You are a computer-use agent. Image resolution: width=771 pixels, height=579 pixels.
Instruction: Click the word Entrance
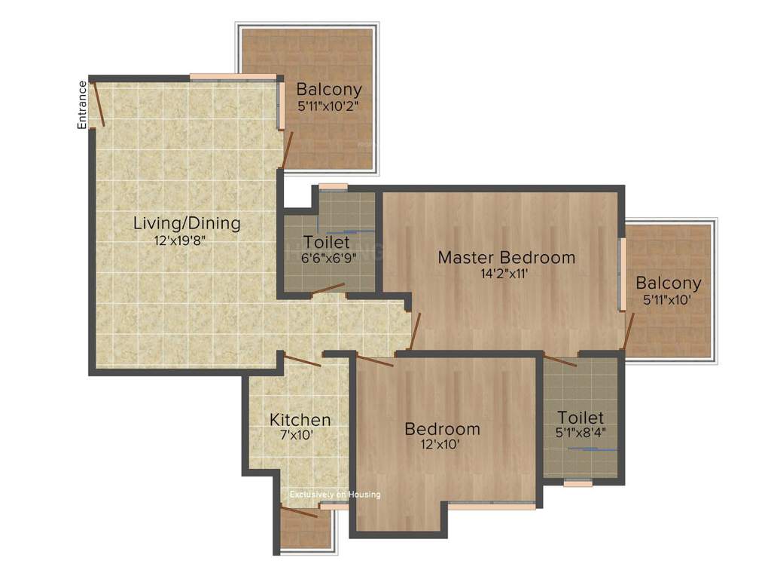[82, 104]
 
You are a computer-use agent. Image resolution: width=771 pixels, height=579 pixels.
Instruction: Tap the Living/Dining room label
[187, 223]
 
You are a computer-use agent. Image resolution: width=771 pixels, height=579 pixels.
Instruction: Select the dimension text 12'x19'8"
[179, 240]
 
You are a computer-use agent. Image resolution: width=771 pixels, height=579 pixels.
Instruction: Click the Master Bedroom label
[506, 257]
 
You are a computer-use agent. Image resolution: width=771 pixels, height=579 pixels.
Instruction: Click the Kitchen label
[300, 419]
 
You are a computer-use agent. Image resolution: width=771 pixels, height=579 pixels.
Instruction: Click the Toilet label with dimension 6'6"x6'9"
[326, 242]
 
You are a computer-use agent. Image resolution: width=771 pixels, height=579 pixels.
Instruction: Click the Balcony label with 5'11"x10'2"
[328, 89]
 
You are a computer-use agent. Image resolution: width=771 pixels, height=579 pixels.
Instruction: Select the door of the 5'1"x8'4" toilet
[561, 360]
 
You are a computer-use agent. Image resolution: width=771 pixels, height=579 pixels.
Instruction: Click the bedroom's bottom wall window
[492, 507]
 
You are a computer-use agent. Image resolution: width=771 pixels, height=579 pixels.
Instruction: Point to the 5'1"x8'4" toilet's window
[577, 484]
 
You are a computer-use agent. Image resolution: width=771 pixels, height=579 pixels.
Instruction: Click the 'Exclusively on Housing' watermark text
[335, 495]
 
